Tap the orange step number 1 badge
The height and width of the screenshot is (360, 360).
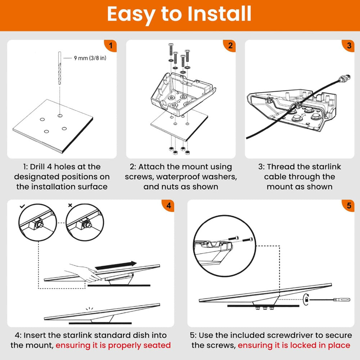(111, 45)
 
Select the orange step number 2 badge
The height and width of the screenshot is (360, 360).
(230, 45)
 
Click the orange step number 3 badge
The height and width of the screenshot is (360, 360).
(348, 45)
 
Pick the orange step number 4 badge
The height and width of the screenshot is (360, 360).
(168, 205)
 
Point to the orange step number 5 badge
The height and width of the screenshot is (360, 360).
(348, 205)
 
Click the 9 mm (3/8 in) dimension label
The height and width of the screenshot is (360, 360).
(90, 58)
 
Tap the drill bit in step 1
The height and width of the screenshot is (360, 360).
(60, 68)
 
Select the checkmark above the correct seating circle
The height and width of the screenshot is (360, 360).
(22, 206)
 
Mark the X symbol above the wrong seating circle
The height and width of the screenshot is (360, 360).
(70, 205)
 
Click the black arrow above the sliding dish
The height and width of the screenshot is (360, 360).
(116, 265)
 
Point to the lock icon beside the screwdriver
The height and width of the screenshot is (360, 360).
(306, 300)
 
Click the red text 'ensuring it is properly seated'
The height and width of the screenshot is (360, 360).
(113, 345)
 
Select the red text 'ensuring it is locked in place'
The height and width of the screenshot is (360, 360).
(294, 345)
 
